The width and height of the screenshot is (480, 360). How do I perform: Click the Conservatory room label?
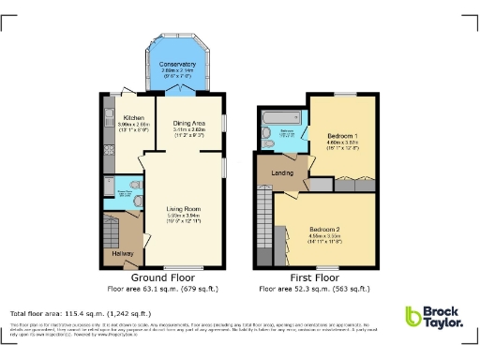(178, 64)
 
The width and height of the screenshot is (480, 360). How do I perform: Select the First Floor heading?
(313, 277)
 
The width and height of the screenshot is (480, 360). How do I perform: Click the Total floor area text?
(67, 311)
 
